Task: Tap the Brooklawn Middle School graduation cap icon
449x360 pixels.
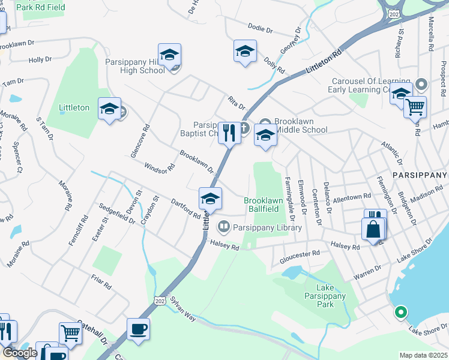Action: [x=265, y=135]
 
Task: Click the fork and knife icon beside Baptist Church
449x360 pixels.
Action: [x=229, y=133]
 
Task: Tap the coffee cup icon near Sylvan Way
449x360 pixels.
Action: [x=138, y=329]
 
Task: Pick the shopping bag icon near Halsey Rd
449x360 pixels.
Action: [x=373, y=229]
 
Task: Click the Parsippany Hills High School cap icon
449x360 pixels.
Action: [x=170, y=55]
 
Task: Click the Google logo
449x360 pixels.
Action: [x=20, y=353]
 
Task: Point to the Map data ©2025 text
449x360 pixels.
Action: [x=423, y=355]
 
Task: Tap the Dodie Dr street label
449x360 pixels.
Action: [x=261, y=28]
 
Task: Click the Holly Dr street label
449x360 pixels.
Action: [x=40, y=60]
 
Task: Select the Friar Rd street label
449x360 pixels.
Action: [x=103, y=282]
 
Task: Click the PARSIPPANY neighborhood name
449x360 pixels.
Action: [x=420, y=173]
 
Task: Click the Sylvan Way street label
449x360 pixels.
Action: [x=182, y=310]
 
